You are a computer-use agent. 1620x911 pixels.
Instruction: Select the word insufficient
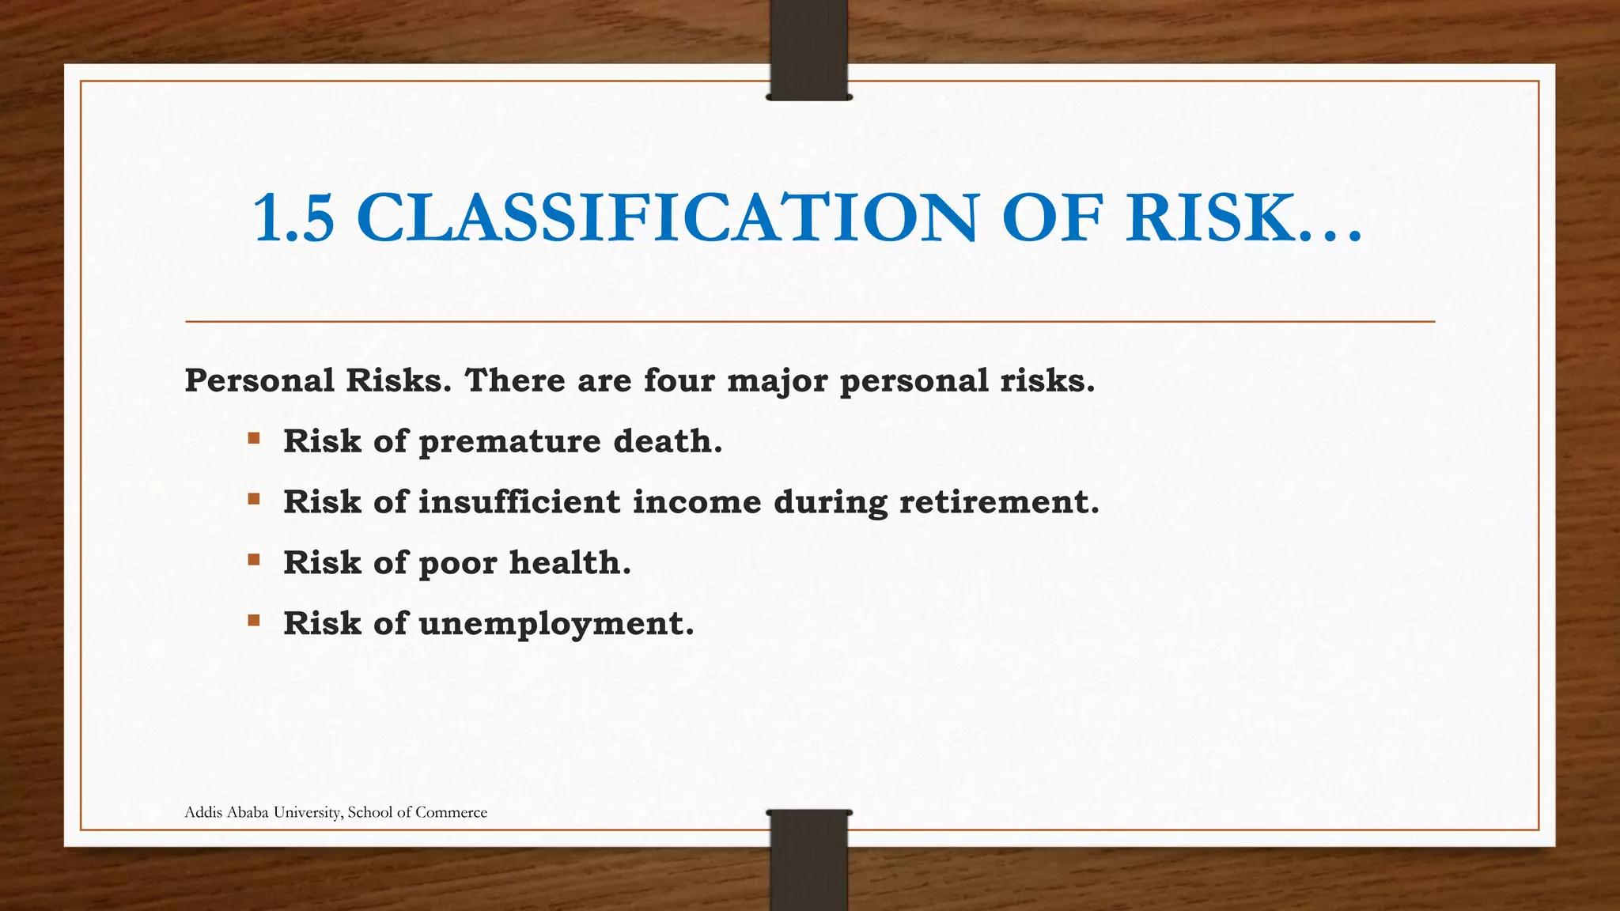pyautogui.click(x=519, y=501)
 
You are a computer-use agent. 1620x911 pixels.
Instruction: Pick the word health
pyautogui.click(x=570, y=562)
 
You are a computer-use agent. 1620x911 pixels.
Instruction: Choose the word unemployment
pyautogui.click(x=556, y=624)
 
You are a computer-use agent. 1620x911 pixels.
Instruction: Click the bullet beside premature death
pyautogui.click(x=254, y=438)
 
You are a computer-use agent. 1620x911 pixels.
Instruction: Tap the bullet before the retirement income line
pyautogui.click(x=254, y=499)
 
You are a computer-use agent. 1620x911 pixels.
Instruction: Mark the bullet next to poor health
pyautogui.click(x=254, y=560)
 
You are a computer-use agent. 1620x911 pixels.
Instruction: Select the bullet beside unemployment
pyautogui.click(x=254, y=621)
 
